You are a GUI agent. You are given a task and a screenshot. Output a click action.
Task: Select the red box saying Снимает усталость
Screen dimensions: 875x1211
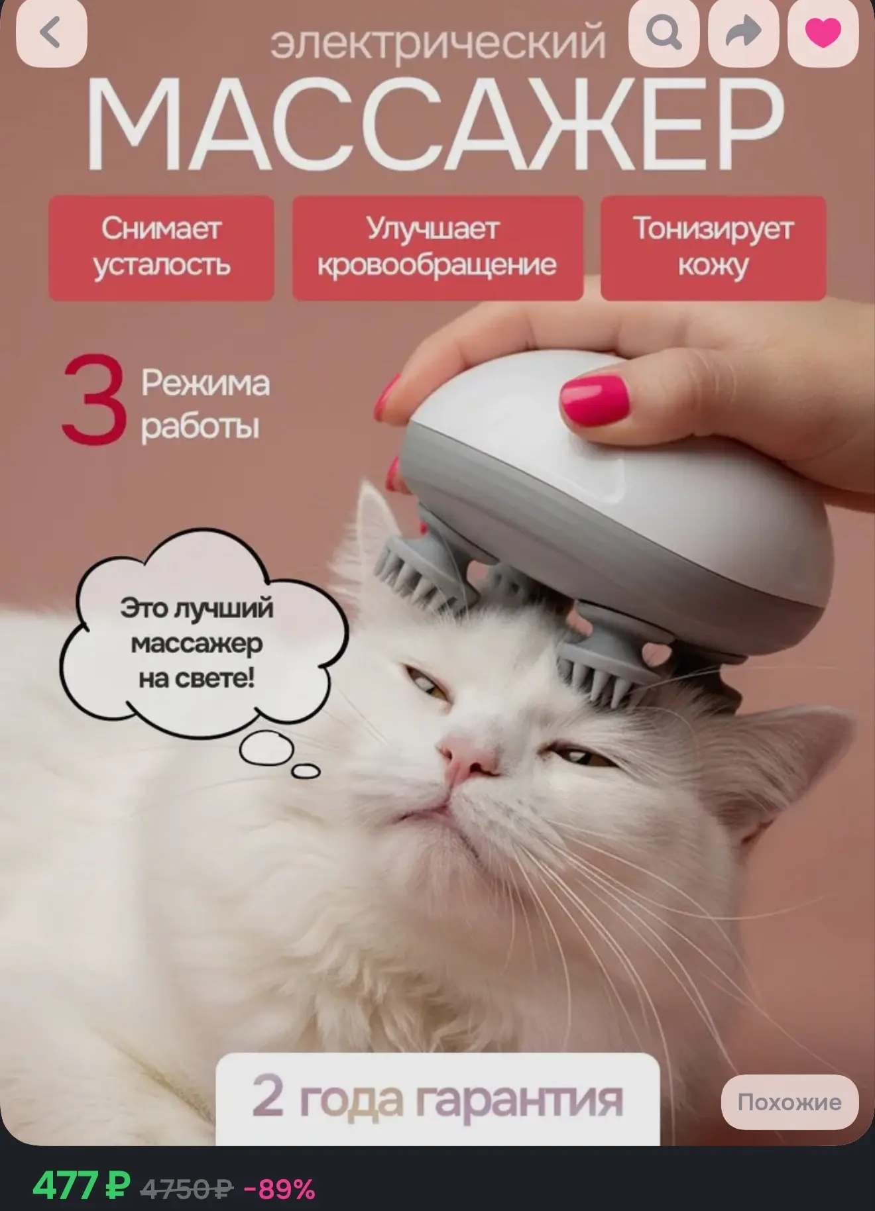pos(161,248)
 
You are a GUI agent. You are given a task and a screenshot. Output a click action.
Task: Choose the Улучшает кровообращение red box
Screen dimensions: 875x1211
pos(437,248)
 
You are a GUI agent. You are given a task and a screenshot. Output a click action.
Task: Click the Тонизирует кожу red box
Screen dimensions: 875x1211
pos(713,248)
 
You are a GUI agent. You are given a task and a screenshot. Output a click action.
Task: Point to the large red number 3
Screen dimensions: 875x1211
pos(93,399)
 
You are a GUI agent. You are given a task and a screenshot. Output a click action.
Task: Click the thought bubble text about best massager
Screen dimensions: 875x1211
pos(196,643)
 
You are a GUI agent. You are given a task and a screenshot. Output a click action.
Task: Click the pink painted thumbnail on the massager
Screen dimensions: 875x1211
pos(594,399)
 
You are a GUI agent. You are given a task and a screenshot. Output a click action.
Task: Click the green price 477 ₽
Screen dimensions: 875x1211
pos(81,1185)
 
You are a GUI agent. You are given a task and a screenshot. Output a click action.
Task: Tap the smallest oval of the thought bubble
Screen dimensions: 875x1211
pos(306,770)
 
